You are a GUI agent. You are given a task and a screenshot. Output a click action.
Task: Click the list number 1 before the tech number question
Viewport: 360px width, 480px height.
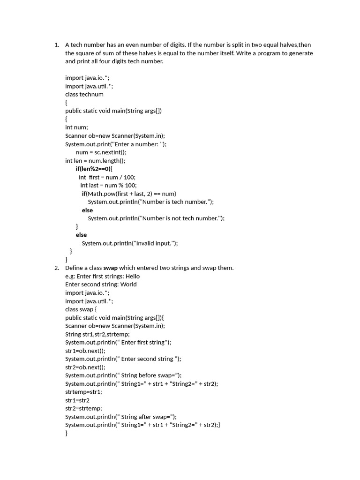[56, 45]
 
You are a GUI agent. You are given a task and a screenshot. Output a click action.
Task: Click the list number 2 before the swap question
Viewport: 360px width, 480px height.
[56, 268]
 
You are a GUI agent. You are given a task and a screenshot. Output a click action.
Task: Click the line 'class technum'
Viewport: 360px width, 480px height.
[84, 94]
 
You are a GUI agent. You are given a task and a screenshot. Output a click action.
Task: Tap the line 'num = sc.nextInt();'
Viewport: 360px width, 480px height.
[101, 152]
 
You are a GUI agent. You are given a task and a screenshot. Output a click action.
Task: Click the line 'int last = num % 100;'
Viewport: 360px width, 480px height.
[108, 185]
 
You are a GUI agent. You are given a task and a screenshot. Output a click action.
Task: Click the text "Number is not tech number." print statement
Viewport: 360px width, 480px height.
[156, 218]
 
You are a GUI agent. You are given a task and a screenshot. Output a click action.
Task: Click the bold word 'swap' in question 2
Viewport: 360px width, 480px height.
[110, 268]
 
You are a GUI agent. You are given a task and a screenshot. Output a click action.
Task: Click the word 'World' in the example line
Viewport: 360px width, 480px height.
[128, 284]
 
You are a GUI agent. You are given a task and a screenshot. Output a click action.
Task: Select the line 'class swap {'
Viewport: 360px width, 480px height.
[81, 309]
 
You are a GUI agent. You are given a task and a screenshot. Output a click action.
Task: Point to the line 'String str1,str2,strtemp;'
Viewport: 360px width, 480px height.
[97, 334]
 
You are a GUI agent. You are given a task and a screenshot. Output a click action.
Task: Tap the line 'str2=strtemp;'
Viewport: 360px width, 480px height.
[83, 408]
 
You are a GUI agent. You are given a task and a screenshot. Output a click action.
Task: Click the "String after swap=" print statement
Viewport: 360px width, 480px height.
[121, 417]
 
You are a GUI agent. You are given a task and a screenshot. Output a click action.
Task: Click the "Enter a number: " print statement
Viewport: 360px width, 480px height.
[116, 144]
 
